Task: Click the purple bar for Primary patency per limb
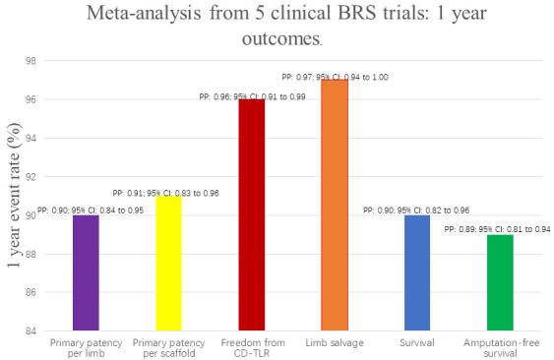pyautogui.click(x=88, y=272)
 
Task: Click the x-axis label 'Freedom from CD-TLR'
pyautogui.click(x=250, y=347)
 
